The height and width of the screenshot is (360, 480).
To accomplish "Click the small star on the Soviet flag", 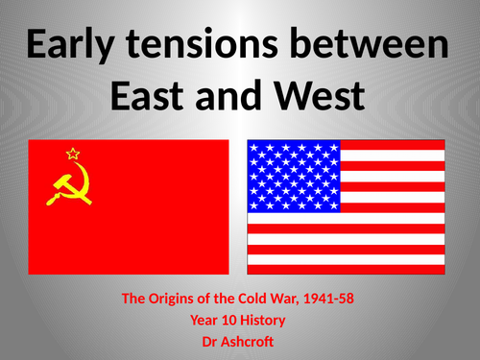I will [70, 153].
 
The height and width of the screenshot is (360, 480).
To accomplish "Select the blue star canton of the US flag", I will [294, 176].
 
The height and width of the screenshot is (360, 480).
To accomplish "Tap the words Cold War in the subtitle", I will [261, 299].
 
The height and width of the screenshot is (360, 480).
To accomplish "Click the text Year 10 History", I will [239, 319].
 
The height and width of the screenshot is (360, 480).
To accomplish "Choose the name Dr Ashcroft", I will [239, 339].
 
